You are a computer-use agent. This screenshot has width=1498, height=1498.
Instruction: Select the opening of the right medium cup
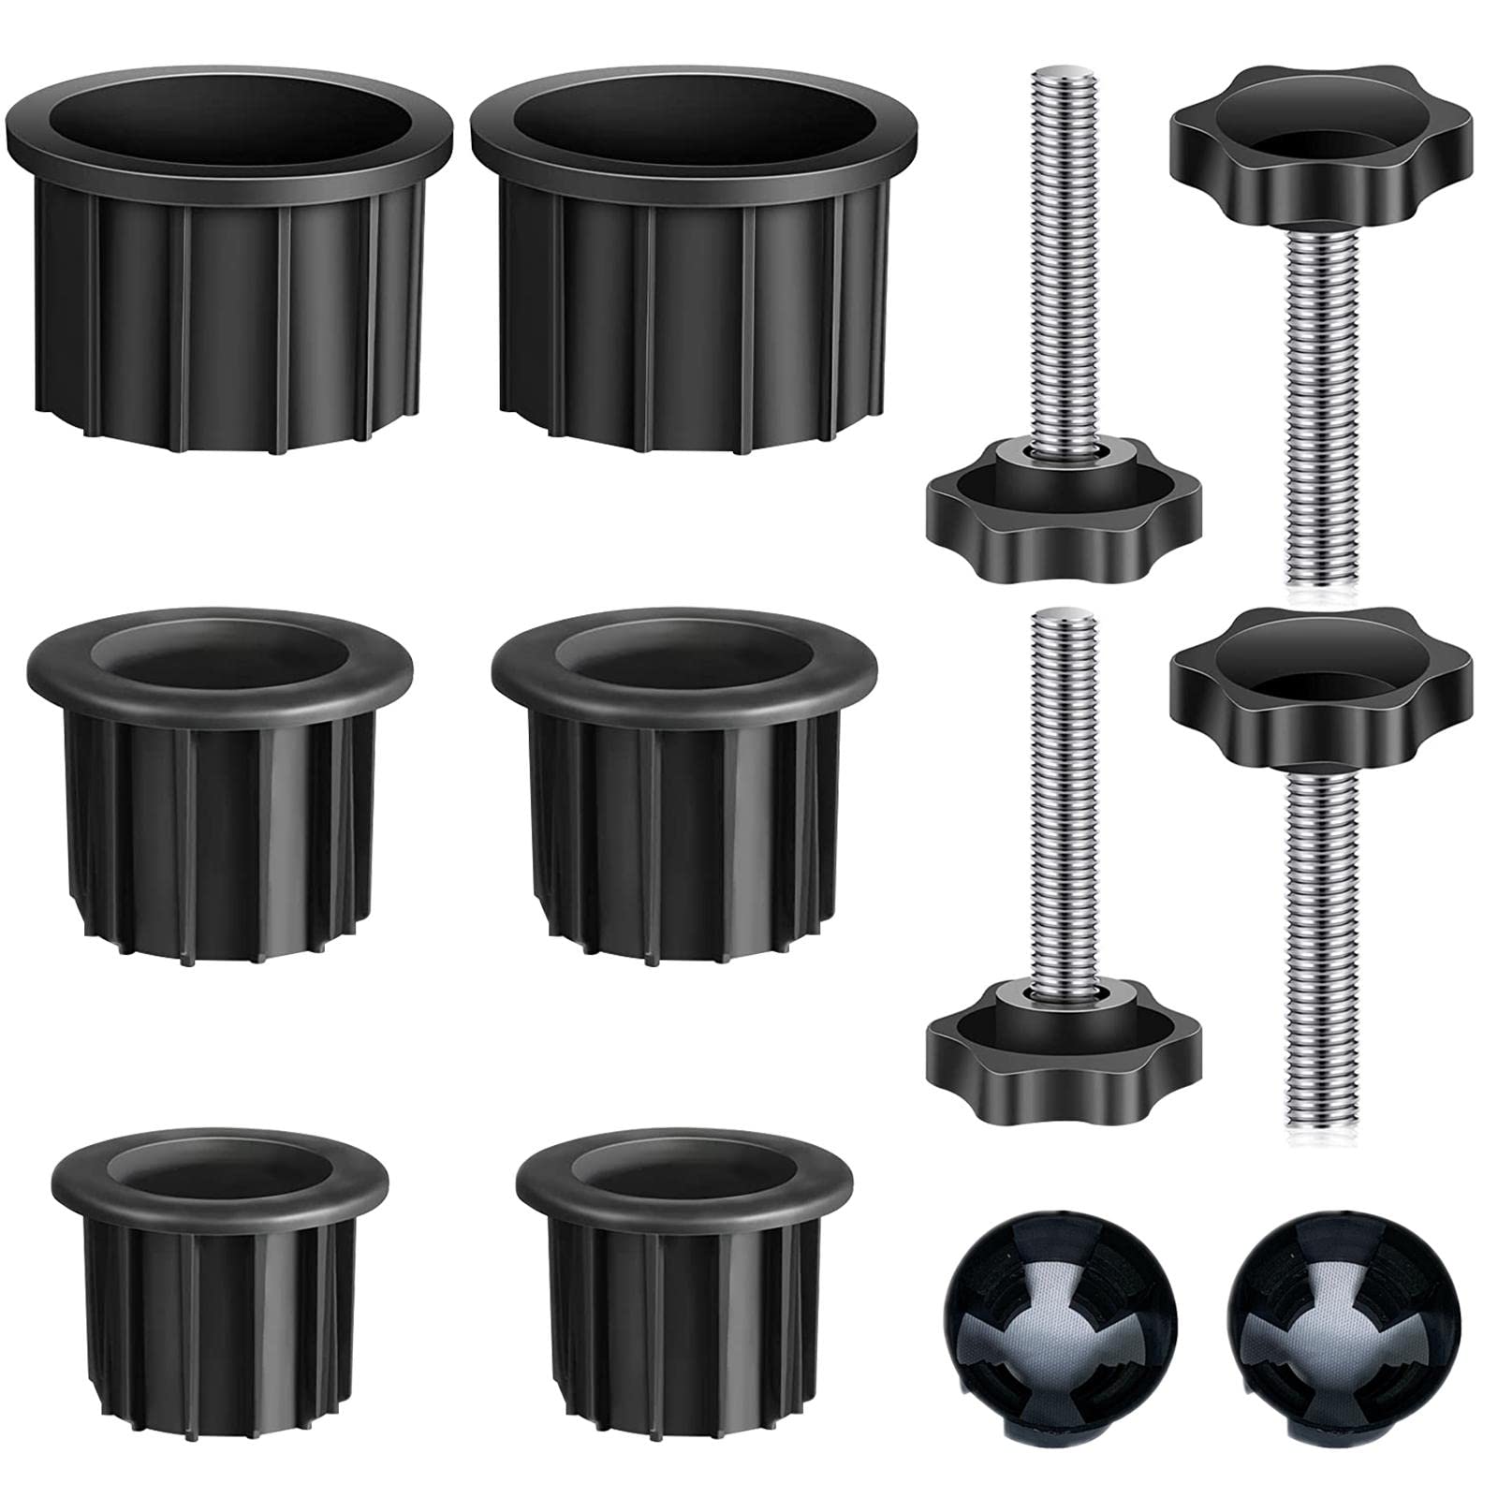point(683,660)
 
